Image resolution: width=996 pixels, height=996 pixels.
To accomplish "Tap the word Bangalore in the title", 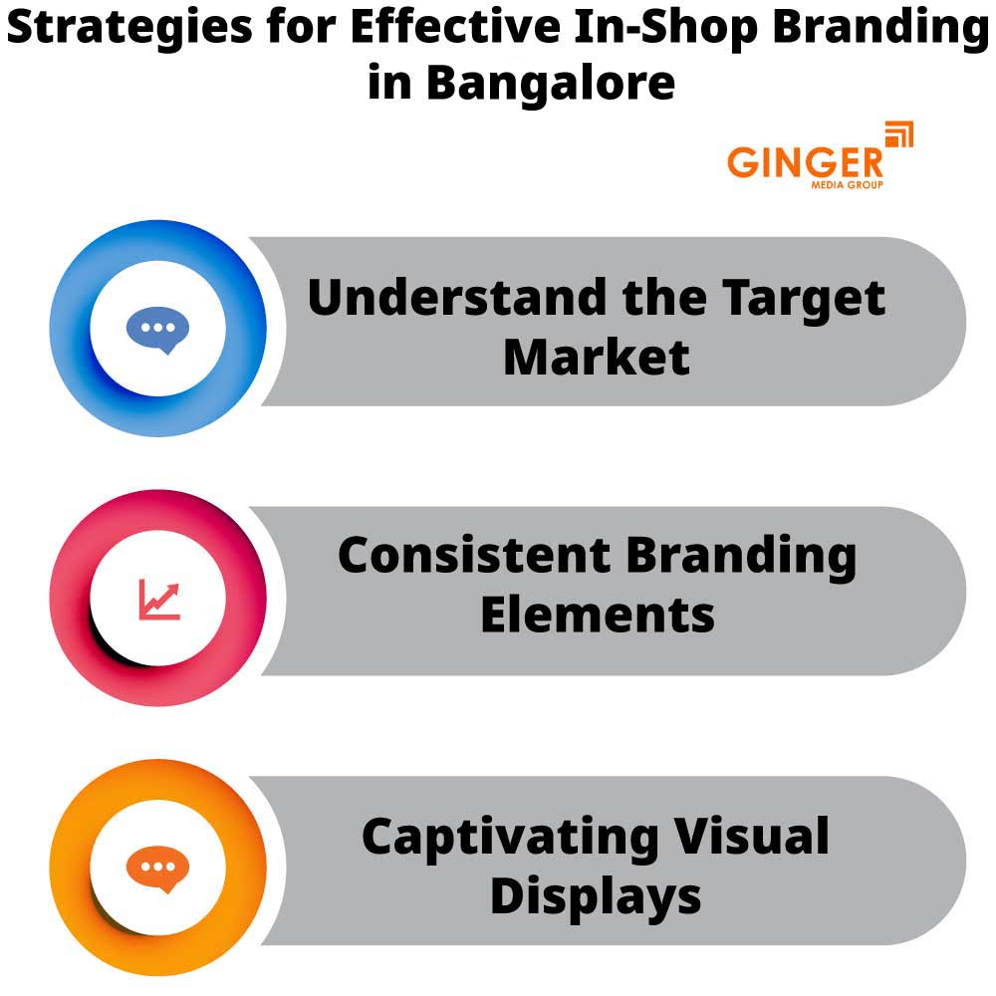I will (551, 83).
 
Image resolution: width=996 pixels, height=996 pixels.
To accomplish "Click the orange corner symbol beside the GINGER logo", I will (898, 134).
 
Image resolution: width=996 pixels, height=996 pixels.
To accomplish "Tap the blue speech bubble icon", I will (157, 330).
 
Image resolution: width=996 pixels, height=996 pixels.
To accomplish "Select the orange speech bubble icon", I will (157, 870).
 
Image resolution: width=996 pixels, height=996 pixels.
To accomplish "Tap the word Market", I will (597, 357).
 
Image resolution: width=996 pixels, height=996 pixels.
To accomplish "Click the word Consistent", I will (473, 555).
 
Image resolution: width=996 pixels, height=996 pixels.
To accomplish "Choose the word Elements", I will (598, 615).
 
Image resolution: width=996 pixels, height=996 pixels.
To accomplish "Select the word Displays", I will (596, 896).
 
